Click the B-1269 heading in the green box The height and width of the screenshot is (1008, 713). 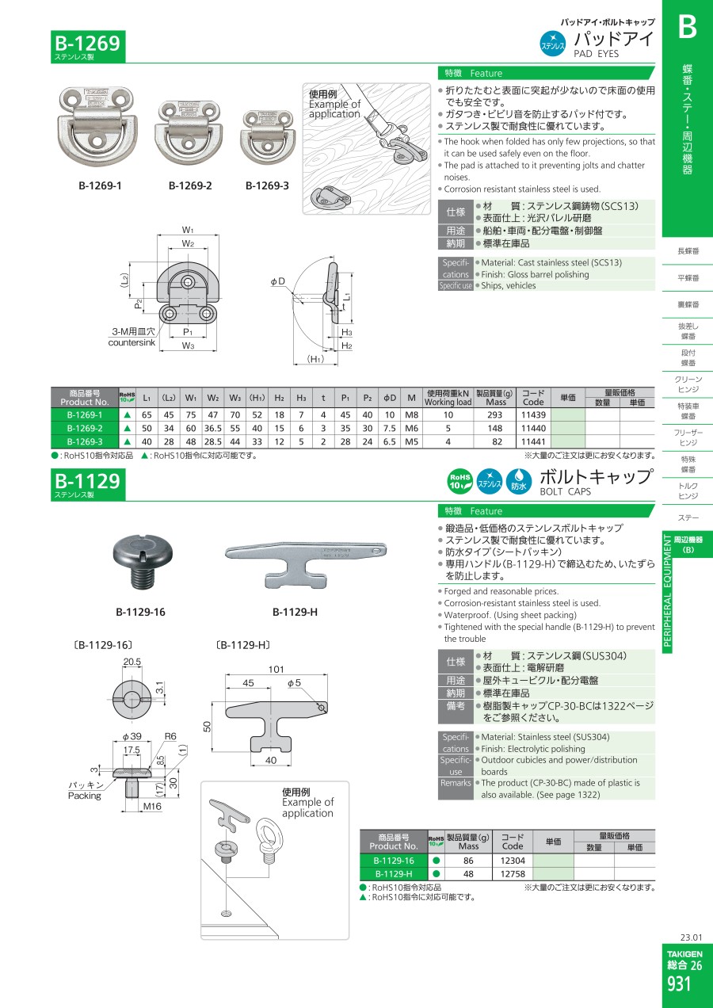pyautogui.click(x=88, y=44)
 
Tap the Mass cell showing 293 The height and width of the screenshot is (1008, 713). pyautogui.click(x=495, y=415)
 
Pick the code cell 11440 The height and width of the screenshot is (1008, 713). pyautogui.click(x=533, y=429)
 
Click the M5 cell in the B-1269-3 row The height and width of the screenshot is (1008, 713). pyautogui.click(x=411, y=442)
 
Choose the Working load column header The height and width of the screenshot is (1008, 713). pyautogui.click(x=448, y=403)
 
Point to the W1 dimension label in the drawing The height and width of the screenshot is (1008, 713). pyautogui.click(x=188, y=230)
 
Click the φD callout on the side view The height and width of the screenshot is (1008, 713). pyautogui.click(x=277, y=281)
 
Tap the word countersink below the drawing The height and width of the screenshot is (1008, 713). pyautogui.click(x=132, y=342)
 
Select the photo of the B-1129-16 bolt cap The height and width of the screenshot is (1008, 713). pyautogui.click(x=143, y=562)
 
